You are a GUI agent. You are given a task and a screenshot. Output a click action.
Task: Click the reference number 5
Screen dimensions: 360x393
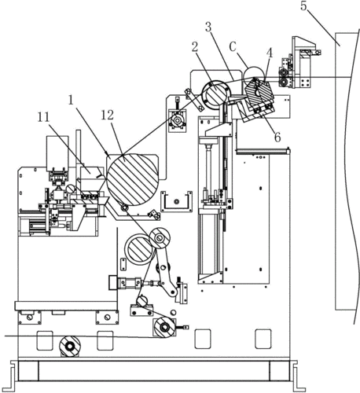pyautogui.click(x=303, y=6)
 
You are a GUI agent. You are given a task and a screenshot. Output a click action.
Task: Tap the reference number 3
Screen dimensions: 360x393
pyautogui.click(x=208, y=27)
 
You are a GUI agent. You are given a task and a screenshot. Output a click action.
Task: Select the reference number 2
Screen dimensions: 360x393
pyautogui.click(x=195, y=47)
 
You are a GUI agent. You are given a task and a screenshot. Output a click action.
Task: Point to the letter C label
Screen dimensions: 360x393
pyautogui.click(x=233, y=47)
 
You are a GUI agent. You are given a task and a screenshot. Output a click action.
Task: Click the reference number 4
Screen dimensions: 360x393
pyautogui.click(x=269, y=53)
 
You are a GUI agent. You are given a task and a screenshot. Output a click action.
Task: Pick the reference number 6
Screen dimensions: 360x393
pyautogui.click(x=277, y=137)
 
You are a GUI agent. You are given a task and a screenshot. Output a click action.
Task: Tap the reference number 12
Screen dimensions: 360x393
pyautogui.click(x=108, y=115)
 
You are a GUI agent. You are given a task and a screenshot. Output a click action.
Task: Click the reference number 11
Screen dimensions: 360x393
pyautogui.click(x=43, y=117)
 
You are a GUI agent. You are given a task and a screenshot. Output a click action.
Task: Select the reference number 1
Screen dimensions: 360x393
pyautogui.click(x=71, y=100)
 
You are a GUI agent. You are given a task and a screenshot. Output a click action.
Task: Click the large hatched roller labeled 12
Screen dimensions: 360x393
pyautogui.click(x=133, y=179)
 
